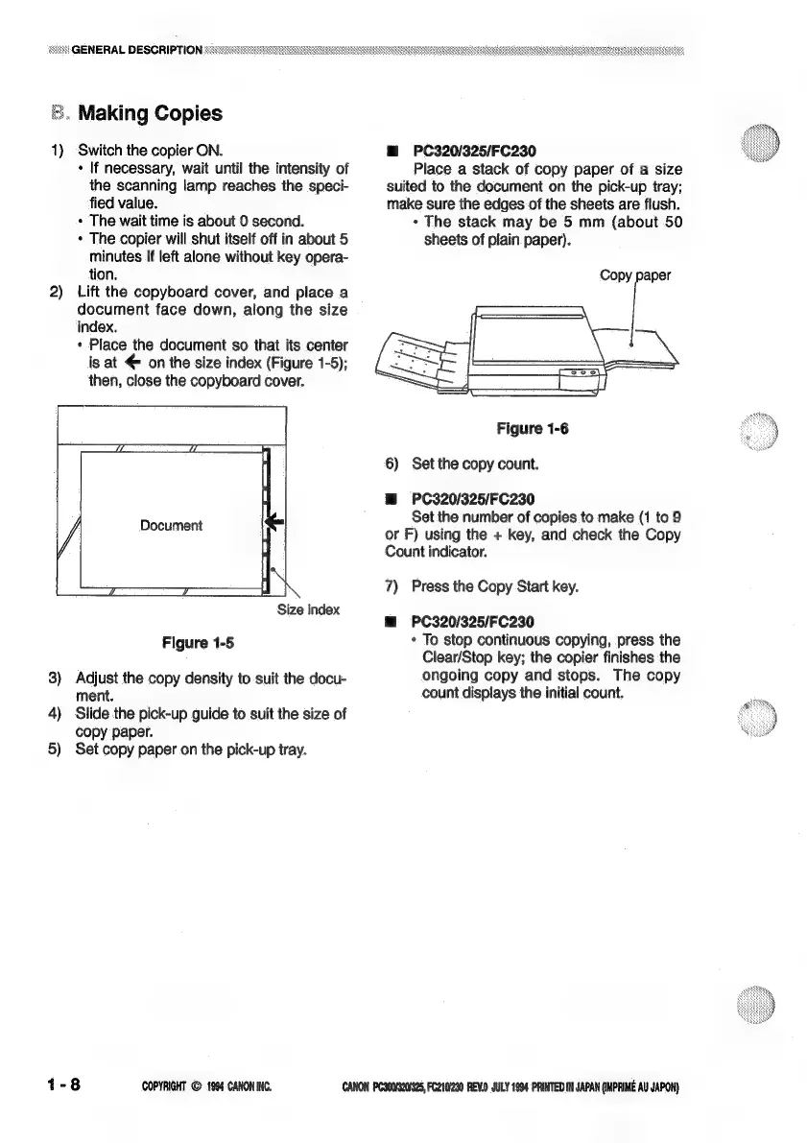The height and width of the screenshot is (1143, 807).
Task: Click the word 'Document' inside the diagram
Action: [x=171, y=525]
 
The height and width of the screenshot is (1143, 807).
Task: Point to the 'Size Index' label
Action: [x=307, y=609]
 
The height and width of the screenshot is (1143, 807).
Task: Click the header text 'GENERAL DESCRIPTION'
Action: [x=135, y=50]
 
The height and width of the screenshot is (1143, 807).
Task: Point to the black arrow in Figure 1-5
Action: [x=274, y=520]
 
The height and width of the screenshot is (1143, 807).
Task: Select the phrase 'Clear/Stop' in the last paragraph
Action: [x=445, y=657]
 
